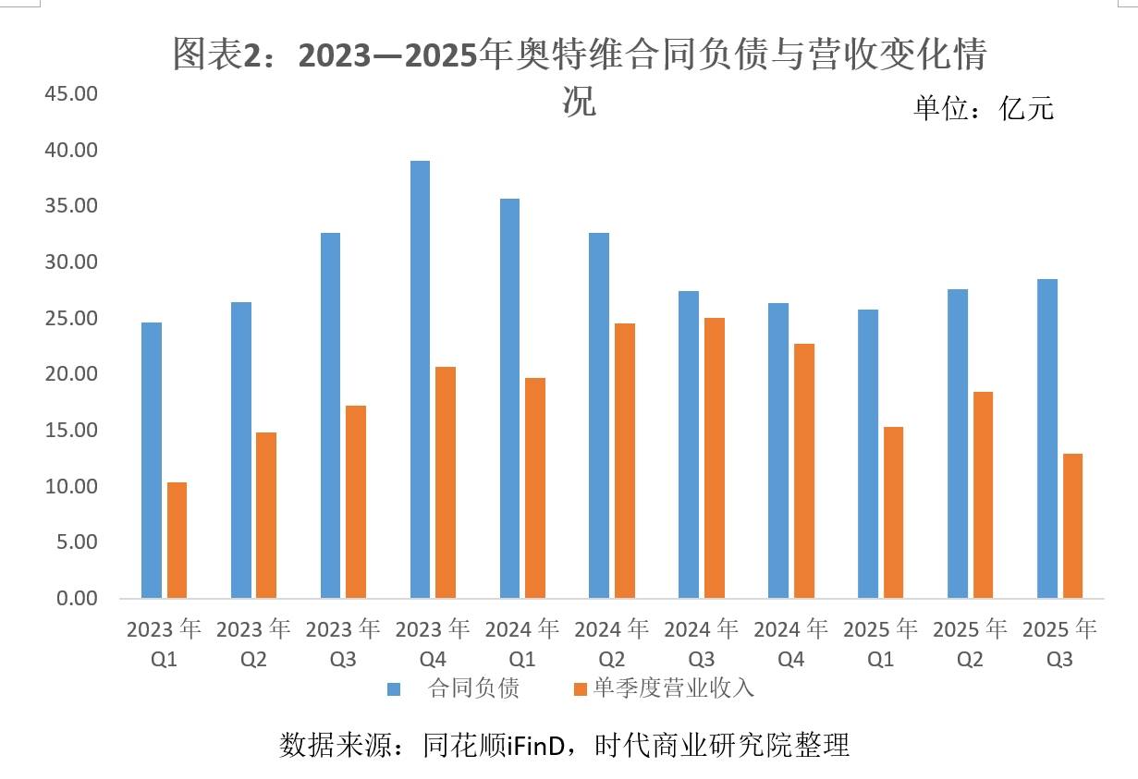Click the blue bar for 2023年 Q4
tap(420, 379)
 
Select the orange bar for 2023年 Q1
tap(176, 540)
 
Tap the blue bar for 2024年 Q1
tap(509, 398)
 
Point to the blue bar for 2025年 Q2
tap(958, 444)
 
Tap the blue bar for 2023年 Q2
tap(240, 450)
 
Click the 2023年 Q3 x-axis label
tap(343, 643)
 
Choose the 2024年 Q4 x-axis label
tap(791, 643)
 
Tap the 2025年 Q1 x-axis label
tap(880, 643)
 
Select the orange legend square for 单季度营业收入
tap(581, 688)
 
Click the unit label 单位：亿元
tap(984, 108)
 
